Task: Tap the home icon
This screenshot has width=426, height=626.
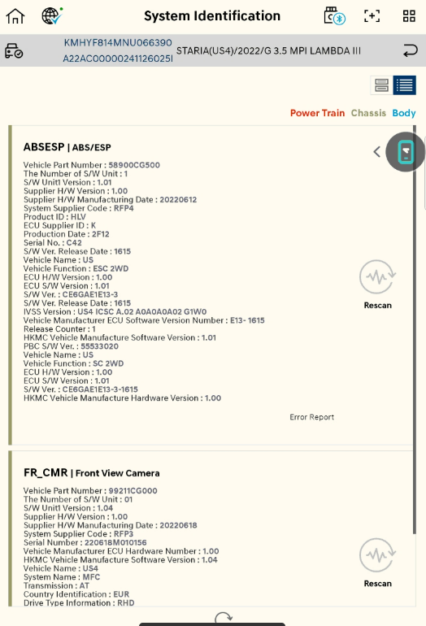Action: [15, 16]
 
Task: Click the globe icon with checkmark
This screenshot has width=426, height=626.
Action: [52, 16]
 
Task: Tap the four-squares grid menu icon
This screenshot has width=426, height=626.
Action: [409, 16]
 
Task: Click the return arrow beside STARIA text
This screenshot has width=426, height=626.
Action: [410, 50]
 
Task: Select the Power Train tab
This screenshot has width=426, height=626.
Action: [317, 113]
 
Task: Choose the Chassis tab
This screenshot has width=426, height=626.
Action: [368, 113]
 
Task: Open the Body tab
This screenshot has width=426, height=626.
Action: [404, 113]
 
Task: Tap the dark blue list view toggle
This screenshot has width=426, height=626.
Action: [404, 85]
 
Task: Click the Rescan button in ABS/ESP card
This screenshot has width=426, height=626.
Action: [378, 285]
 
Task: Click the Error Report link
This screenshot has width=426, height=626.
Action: [312, 417]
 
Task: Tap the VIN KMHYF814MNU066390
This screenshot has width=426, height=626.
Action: [118, 43]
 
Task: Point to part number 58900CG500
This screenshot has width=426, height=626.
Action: [134, 165]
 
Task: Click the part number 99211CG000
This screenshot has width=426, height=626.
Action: [133, 491]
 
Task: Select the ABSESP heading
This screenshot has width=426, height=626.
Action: [44, 147]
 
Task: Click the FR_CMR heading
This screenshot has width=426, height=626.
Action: [46, 472]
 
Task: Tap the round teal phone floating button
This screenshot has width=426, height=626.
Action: [405, 152]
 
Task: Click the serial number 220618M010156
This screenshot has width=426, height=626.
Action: [115, 542]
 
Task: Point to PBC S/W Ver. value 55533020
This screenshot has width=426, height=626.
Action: [99, 346]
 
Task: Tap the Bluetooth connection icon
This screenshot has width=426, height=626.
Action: [335, 16]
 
